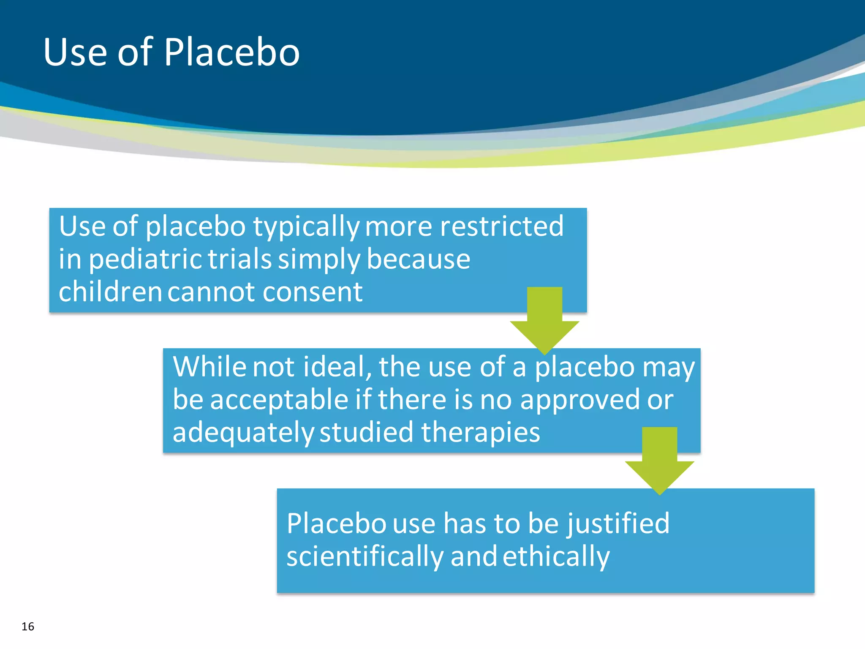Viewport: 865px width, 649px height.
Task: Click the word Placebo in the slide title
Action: [x=231, y=52]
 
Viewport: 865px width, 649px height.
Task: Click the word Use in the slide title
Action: [x=75, y=52]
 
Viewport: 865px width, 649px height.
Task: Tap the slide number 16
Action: [x=28, y=627]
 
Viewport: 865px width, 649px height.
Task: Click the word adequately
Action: [x=243, y=433]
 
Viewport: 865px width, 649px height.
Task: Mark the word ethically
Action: [x=556, y=557]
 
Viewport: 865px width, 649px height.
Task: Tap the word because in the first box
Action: [x=418, y=259]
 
